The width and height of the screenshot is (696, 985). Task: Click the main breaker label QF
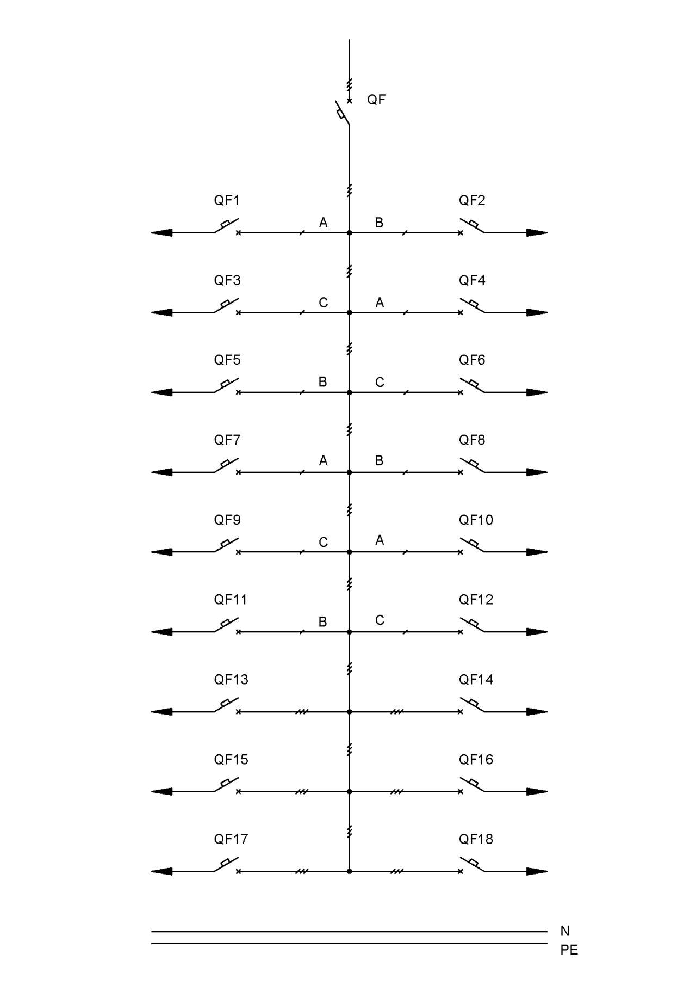coord(376,100)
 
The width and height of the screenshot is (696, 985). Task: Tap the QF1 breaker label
coord(227,200)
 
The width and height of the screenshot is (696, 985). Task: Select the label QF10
coord(476,520)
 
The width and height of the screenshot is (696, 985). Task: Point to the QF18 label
coord(476,839)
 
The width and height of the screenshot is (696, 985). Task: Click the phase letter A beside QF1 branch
coord(324,223)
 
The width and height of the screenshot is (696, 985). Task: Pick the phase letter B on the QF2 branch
coord(379,223)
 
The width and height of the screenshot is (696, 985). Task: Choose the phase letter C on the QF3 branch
coord(324,303)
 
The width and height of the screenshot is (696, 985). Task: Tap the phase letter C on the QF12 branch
coord(380,620)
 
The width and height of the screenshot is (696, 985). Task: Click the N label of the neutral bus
coord(565,931)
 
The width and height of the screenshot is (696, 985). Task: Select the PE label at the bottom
coord(569,950)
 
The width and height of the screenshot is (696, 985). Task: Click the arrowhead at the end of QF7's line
coord(161,472)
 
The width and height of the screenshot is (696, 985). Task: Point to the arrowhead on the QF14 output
coord(537,712)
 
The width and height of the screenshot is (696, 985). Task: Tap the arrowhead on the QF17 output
coord(161,871)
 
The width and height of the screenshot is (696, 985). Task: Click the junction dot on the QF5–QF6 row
coord(349,392)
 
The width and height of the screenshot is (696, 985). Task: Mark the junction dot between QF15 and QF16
coord(349,792)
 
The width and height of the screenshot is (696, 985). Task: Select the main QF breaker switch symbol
coord(342,113)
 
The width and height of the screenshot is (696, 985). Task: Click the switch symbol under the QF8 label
coord(472,465)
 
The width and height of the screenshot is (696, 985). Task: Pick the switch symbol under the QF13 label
coord(227,705)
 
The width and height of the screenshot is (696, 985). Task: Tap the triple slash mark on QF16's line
coord(397,792)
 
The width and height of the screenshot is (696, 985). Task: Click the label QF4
coord(472,280)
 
